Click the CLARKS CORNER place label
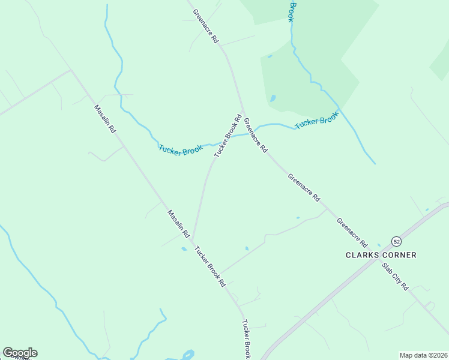pos(381,255)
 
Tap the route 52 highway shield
pos(396,241)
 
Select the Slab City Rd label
pos(395,275)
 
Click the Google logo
pos(20,353)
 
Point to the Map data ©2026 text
pos(423,355)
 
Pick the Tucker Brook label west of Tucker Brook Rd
pos(180,149)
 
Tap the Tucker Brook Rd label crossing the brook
pos(228,136)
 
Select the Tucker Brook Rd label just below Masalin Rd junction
pos(209,265)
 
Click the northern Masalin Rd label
pos(104,119)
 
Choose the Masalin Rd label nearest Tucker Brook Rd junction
pos(178,223)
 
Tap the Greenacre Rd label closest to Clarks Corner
pos(352,232)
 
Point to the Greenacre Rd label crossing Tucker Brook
pos(255,134)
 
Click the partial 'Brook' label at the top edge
pos(292,11)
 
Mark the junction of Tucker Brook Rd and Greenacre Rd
pos(243,114)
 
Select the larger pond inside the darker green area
pos(273,98)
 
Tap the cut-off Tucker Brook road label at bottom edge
pos(246,340)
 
